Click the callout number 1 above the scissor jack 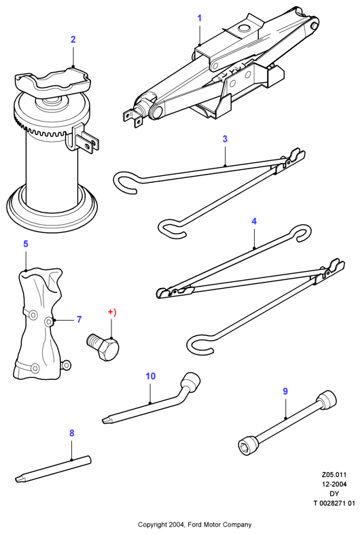click(x=200, y=18)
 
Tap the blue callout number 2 click(x=73, y=39)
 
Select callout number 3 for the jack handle click(x=225, y=139)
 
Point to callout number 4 click(x=254, y=221)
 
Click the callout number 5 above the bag click(x=26, y=244)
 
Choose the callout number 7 click(x=79, y=319)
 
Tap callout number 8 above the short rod click(x=71, y=433)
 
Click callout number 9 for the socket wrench click(x=285, y=391)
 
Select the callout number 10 click(x=151, y=376)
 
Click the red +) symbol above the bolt click(x=112, y=313)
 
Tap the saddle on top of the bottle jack click(x=53, y=81)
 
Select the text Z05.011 click(x=334, y=474)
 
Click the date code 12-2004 click(x=334, y=484)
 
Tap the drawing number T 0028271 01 click(x=334, y=503)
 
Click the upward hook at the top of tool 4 click(x=302, y=232)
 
